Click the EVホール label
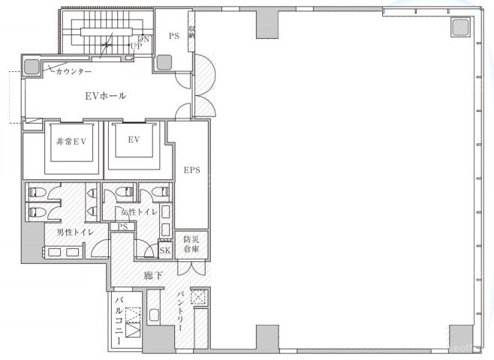[106, 96]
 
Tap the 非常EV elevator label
[71, 142]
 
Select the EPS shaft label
[192, 170]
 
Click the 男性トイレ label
[75, 232]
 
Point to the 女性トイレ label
[139, 211]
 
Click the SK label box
[165, 250]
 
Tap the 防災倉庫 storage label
[191, 244]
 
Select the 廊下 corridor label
[153, 276]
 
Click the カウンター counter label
[74, 71]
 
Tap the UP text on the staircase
[136, 46]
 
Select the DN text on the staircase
[143, 39]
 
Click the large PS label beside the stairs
[174, 36]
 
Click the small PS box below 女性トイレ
[122, 226]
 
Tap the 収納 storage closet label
[192, 31]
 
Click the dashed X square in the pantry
[198, 297]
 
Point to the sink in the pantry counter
[154, 315]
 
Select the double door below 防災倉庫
[191, 267]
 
